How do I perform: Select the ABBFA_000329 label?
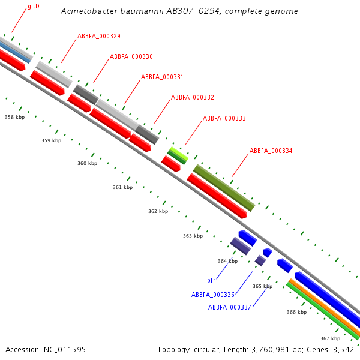98,36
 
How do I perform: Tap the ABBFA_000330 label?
131,56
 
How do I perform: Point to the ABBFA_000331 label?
162,77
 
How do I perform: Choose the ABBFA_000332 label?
192,97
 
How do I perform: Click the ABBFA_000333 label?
224,118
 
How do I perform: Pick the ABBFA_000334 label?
271,151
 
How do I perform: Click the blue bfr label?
211,280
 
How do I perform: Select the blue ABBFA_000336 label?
212,295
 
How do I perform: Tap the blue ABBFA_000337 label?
229,307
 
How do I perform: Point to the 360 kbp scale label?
87,163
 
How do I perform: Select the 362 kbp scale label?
158,211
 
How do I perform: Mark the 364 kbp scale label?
227,261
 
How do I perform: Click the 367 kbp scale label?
330,338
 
